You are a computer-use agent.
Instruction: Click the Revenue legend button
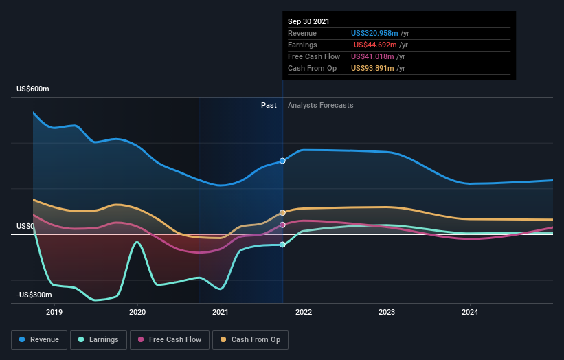tap(39, 339)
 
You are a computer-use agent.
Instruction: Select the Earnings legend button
tap(98, 339)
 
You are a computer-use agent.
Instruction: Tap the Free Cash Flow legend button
tap(168, 339)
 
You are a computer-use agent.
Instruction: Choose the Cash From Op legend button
tap(251, 339)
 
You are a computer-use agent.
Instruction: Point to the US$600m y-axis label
tap(34, 89)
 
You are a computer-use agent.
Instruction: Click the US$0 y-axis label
tap(26, 226)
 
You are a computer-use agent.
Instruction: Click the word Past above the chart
tap(269, 105)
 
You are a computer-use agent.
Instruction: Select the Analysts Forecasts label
tap(321, 105)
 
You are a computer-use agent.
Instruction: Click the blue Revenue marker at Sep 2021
tap(282, 161)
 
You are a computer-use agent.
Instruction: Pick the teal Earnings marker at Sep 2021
tap(282, 245)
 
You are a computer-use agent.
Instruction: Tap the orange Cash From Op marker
tap(282, 213)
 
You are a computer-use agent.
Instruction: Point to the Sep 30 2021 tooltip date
tap(308, 21)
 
